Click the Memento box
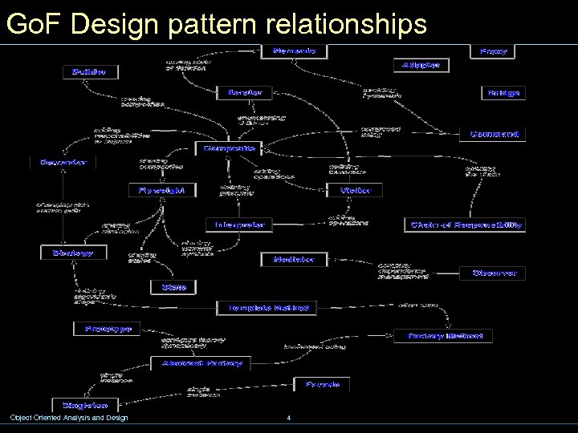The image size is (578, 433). click(x=295, y=51)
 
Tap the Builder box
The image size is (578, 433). click(x=88, y=72)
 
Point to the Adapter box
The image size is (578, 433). click(x=421, y=64)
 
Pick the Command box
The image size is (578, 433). click(x=495, y=134)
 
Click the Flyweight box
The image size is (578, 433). click(x=162, y=190)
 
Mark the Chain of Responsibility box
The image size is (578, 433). click(x=466, y=225)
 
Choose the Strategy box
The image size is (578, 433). click(x=68, y=253)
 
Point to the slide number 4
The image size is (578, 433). click(x=287, y=418)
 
